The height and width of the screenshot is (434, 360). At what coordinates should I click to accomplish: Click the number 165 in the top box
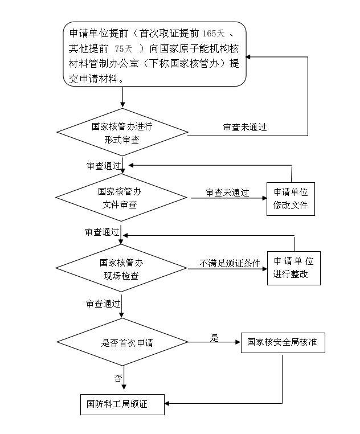click(x=210, y=34)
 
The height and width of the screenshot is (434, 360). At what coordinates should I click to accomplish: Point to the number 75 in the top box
click(x=119, y=49)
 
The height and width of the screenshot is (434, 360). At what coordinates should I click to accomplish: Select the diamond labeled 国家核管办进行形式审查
click(x=122, y=132)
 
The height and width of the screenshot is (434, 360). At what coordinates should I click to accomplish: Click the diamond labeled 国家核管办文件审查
click(x=121, y=197)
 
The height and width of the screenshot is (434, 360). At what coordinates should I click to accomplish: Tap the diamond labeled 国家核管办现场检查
click(x=121, y=268)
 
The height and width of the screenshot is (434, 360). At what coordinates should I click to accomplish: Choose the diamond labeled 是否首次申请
click(x=122, y=342)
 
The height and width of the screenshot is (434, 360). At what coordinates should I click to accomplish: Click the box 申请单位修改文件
click(x=291, y=199)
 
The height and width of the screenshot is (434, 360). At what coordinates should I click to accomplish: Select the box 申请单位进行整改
click(x=294, y=268)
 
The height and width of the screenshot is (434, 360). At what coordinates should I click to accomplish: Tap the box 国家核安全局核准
click(x=283, y=343)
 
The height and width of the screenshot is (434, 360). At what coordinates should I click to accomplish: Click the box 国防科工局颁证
click(x=122, y=404)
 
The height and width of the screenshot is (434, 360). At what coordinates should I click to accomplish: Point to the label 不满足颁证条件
click(x=230, y=263)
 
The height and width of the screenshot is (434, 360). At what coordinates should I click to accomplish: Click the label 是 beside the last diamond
click(x=214, y=338)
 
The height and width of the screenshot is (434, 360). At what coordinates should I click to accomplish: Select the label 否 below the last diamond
click(x=118, y=378)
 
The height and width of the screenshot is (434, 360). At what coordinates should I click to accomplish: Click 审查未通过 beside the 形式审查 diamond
click(x=245, y=127)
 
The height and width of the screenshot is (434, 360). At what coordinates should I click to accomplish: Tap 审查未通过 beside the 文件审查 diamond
click(x=227, y=193)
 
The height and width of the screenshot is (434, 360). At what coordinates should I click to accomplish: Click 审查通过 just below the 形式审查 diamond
click(x=104, y=166)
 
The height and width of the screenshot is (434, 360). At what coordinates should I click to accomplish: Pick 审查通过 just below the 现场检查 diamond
click(x=103, y=304)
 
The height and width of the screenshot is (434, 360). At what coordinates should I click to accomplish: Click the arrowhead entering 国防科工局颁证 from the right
click(x=167, y=403)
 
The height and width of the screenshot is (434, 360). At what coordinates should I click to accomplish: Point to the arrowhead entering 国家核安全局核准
click(x=238, y=342)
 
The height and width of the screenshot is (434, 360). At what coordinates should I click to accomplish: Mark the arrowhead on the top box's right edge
click(x=248, y=57)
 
